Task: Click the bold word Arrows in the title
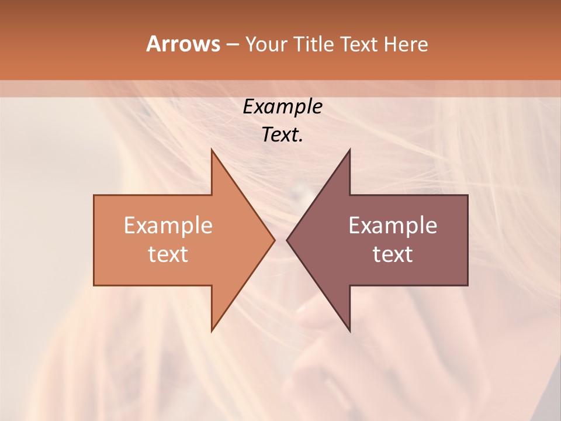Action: coord(182,44)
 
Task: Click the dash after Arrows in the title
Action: coord(232,44)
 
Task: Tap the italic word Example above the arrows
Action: coord(282,106)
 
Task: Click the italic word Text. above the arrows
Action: coord(282,134)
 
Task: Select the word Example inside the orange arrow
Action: coord(168,225)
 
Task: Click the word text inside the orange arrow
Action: coord(168,254)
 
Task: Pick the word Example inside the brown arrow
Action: coord(393,225)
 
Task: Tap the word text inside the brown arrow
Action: coord(393,254)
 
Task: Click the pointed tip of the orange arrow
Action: coord(275,240)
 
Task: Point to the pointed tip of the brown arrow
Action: coord(287,240)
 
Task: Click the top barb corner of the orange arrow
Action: coord(212,149)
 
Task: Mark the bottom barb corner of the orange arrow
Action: coord(212,331)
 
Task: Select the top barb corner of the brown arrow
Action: coord(349,149)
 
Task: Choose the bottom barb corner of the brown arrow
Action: coord(349,331)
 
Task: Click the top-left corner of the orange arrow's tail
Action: coord(94,195)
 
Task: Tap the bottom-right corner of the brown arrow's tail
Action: coord(467,285)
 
